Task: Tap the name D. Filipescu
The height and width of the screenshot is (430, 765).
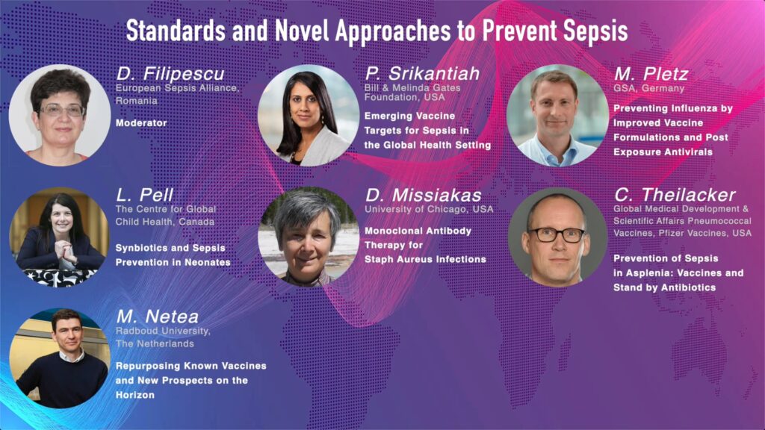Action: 170,74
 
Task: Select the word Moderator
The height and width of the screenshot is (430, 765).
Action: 141,123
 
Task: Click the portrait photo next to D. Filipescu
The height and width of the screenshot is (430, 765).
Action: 60,115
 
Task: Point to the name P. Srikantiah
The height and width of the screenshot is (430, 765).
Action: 423,74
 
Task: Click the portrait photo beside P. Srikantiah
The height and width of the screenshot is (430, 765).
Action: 309,115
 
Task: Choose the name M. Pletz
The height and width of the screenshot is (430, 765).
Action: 651,74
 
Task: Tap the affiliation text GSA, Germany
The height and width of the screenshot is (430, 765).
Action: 649,89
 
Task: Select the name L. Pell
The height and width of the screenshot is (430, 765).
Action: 144,195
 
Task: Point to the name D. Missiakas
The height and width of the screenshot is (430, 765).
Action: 424,195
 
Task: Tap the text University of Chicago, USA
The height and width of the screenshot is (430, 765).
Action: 429,209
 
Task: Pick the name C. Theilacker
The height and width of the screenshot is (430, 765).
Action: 675,195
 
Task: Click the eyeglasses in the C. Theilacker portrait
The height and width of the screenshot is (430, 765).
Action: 557,235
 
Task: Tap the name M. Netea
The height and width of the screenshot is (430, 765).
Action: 158,317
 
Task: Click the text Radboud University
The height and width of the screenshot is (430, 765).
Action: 163,331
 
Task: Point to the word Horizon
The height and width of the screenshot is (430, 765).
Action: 135,395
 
